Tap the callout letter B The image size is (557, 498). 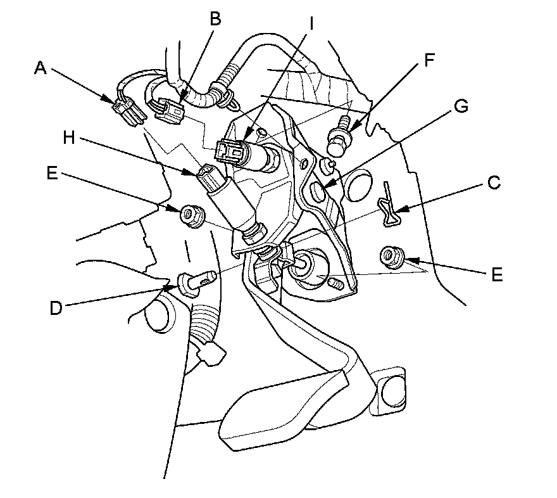pos(216,19)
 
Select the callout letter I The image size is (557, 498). pos(311,23)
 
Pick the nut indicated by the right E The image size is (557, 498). pos(388,257)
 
